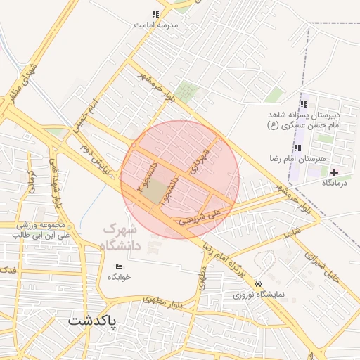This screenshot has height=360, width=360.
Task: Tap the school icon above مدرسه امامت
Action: pos(155,14)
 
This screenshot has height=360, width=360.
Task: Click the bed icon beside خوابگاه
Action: pos(119,266)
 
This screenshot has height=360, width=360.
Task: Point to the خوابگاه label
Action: pos(120,276)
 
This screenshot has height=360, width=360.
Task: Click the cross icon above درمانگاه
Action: pos(334,172)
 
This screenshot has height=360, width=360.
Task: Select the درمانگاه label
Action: pos(335,182)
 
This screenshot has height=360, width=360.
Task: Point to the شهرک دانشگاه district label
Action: pos(122,237)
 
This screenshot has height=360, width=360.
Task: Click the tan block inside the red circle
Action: pos(158,191)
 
